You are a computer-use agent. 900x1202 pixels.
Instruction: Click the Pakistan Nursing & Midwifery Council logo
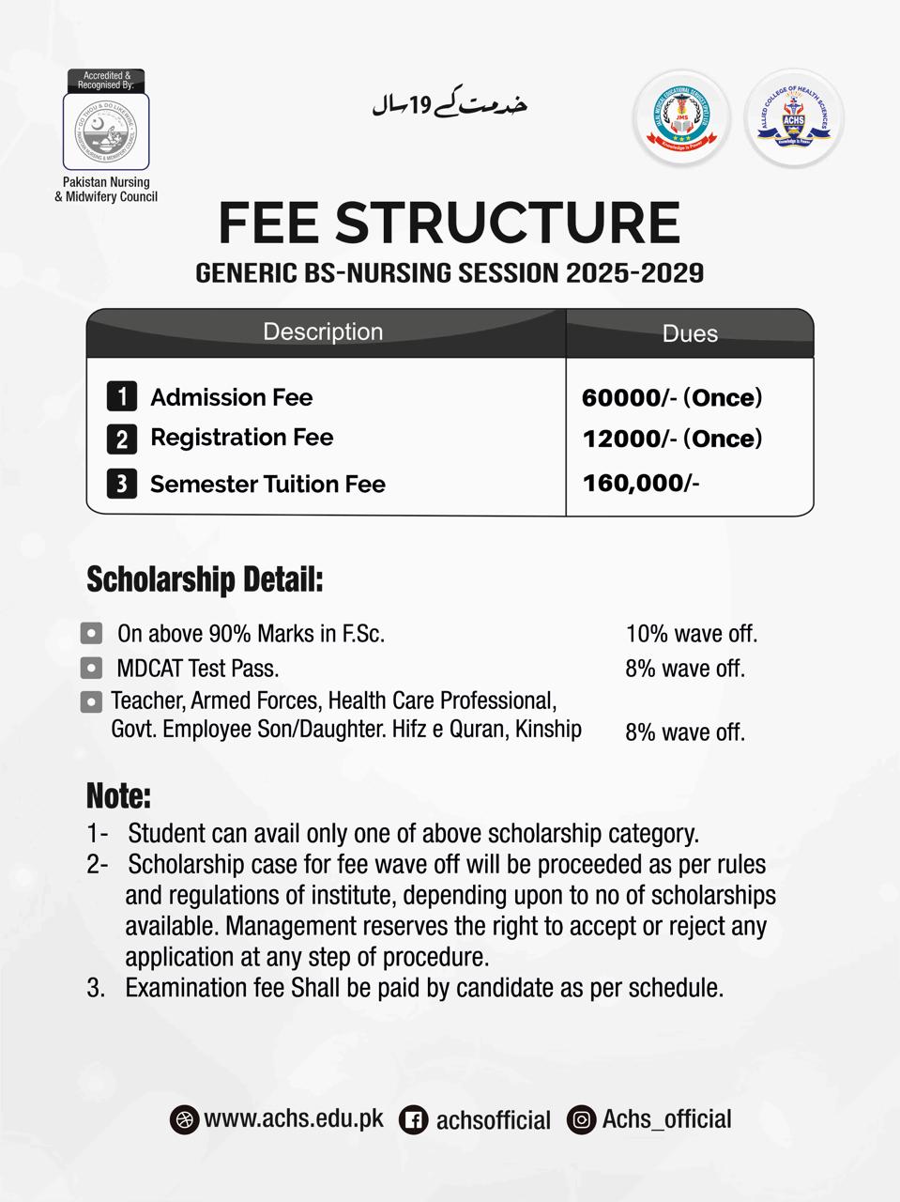click(x=105, y=131)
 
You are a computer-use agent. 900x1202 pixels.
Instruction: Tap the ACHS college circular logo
click(x=794, y=120)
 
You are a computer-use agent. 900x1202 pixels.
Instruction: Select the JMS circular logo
click(x=681, y=120)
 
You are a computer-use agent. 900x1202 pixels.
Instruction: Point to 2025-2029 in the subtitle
click(x=634, y=273)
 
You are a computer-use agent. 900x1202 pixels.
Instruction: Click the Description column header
click(x=323, y=332)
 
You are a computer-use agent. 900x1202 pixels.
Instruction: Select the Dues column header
click(x=690, y=334)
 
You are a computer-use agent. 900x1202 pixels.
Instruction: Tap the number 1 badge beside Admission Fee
click(x=122, y=396)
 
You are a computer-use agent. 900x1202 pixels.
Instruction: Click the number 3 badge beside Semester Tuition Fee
click(x=122, y=484)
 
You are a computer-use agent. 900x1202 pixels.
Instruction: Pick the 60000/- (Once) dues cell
click(x=672, y=397)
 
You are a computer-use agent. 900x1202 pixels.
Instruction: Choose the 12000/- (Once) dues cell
click(x=672, y=439)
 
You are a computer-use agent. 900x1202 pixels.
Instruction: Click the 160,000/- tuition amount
click(x=641, y=484)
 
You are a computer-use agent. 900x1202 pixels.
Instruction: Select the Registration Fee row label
click(x=241, y=438)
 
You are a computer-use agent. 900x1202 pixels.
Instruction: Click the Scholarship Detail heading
click(x=205, y=579)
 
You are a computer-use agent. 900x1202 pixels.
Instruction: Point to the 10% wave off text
click(x=692, y=634)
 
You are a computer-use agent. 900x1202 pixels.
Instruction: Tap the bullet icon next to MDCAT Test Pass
click(x=91, y=669)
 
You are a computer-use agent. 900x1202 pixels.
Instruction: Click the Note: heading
click(x=118, y=796)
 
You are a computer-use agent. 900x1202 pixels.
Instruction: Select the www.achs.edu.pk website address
click(x=294, y=1118)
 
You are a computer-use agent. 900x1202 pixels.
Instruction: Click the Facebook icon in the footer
click(x=414, y=1119)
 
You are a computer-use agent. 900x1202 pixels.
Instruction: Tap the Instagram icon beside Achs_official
click(x=582, y=1119)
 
